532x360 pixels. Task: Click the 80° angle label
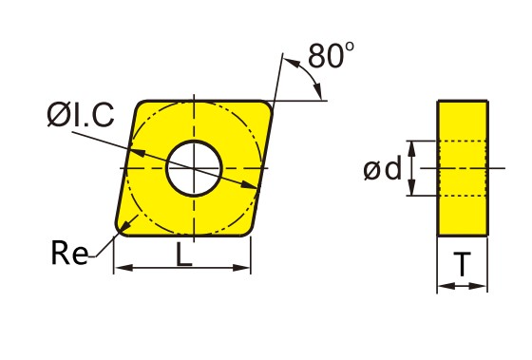click(x=331, y=55)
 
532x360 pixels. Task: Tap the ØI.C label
click(x=81, y=115)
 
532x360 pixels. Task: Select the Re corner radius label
click(x=69, y=253)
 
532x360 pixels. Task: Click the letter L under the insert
click(x=184, y=254)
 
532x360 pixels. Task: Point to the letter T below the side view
click(x=462, y=264)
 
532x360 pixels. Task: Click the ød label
click(x=382, y=169)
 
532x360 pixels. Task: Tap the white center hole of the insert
click(x=194, y=168)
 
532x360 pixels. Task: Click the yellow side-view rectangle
click(x=463, y=168)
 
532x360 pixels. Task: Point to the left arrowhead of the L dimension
click(x=123, y=268)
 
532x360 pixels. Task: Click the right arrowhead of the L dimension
click(x=241, y=268)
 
